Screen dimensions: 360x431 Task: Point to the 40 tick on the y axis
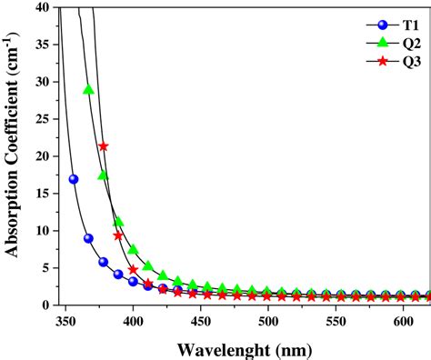pyautogui.click(x=42, y=7)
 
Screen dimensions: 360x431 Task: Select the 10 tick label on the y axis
pyautogui.click(x=42, y=231)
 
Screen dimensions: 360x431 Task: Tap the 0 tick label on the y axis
pyautogui.click(x=46, y=305)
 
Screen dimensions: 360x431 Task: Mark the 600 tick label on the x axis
pyautogui.click(x=403, y=322)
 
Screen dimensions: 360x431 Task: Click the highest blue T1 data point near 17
pyautogui.click(x=74, y=179)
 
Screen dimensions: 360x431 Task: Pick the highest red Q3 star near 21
pyautogui.click(x=104, y=146)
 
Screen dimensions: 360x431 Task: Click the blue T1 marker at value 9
pyautogui.click(x=88, y=238)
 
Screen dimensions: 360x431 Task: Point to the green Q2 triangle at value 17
pyautogui.click(x=104, y=175)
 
